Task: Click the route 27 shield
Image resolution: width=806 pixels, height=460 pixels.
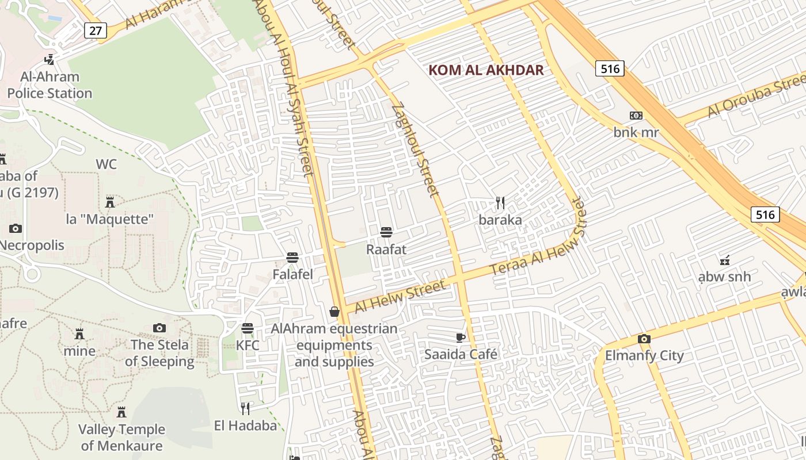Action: tap(96, 30)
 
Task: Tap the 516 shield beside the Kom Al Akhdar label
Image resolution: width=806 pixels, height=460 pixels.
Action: tap(609, 69)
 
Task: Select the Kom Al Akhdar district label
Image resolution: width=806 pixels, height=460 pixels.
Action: tap(486, 70)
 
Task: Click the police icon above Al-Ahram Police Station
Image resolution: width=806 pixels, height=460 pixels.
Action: tap(50, 59)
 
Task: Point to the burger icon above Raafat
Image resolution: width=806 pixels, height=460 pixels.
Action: tap(386, 232)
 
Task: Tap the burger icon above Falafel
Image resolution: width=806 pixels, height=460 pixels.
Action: tap(292, 257)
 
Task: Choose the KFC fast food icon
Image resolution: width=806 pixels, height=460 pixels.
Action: tap(248, 328)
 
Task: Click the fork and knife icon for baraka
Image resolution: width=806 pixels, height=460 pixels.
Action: tap(500, 202)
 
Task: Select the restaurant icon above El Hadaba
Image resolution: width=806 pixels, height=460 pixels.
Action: tap(245, 408)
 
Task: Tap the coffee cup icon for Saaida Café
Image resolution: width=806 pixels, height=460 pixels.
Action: tap(460, 337)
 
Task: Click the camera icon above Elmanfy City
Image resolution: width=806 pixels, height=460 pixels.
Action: tap(644, 339)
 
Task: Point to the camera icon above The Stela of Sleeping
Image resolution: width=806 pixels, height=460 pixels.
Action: tap(159, 328)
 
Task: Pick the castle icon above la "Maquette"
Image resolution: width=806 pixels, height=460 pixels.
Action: tap(110, 202)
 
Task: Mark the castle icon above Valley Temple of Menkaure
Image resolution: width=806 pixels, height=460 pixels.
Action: tap(121, 412)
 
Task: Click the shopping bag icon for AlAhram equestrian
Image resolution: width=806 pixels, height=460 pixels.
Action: tap(334, 312)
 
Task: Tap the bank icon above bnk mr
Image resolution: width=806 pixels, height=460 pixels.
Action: tap(636, 116)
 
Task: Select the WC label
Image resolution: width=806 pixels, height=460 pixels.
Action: tap(106, 164)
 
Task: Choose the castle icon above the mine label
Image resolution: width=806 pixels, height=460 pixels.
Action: tap(79, 334)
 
